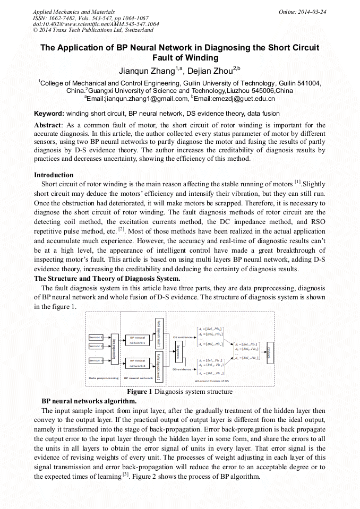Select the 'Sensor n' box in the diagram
(96, 360)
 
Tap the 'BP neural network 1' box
(137, 340)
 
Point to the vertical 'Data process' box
(177, 351)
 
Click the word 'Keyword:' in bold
(49, 114)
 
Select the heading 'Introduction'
(54, 175)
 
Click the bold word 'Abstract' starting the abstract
(48, 125)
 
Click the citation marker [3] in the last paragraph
(126, 475)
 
